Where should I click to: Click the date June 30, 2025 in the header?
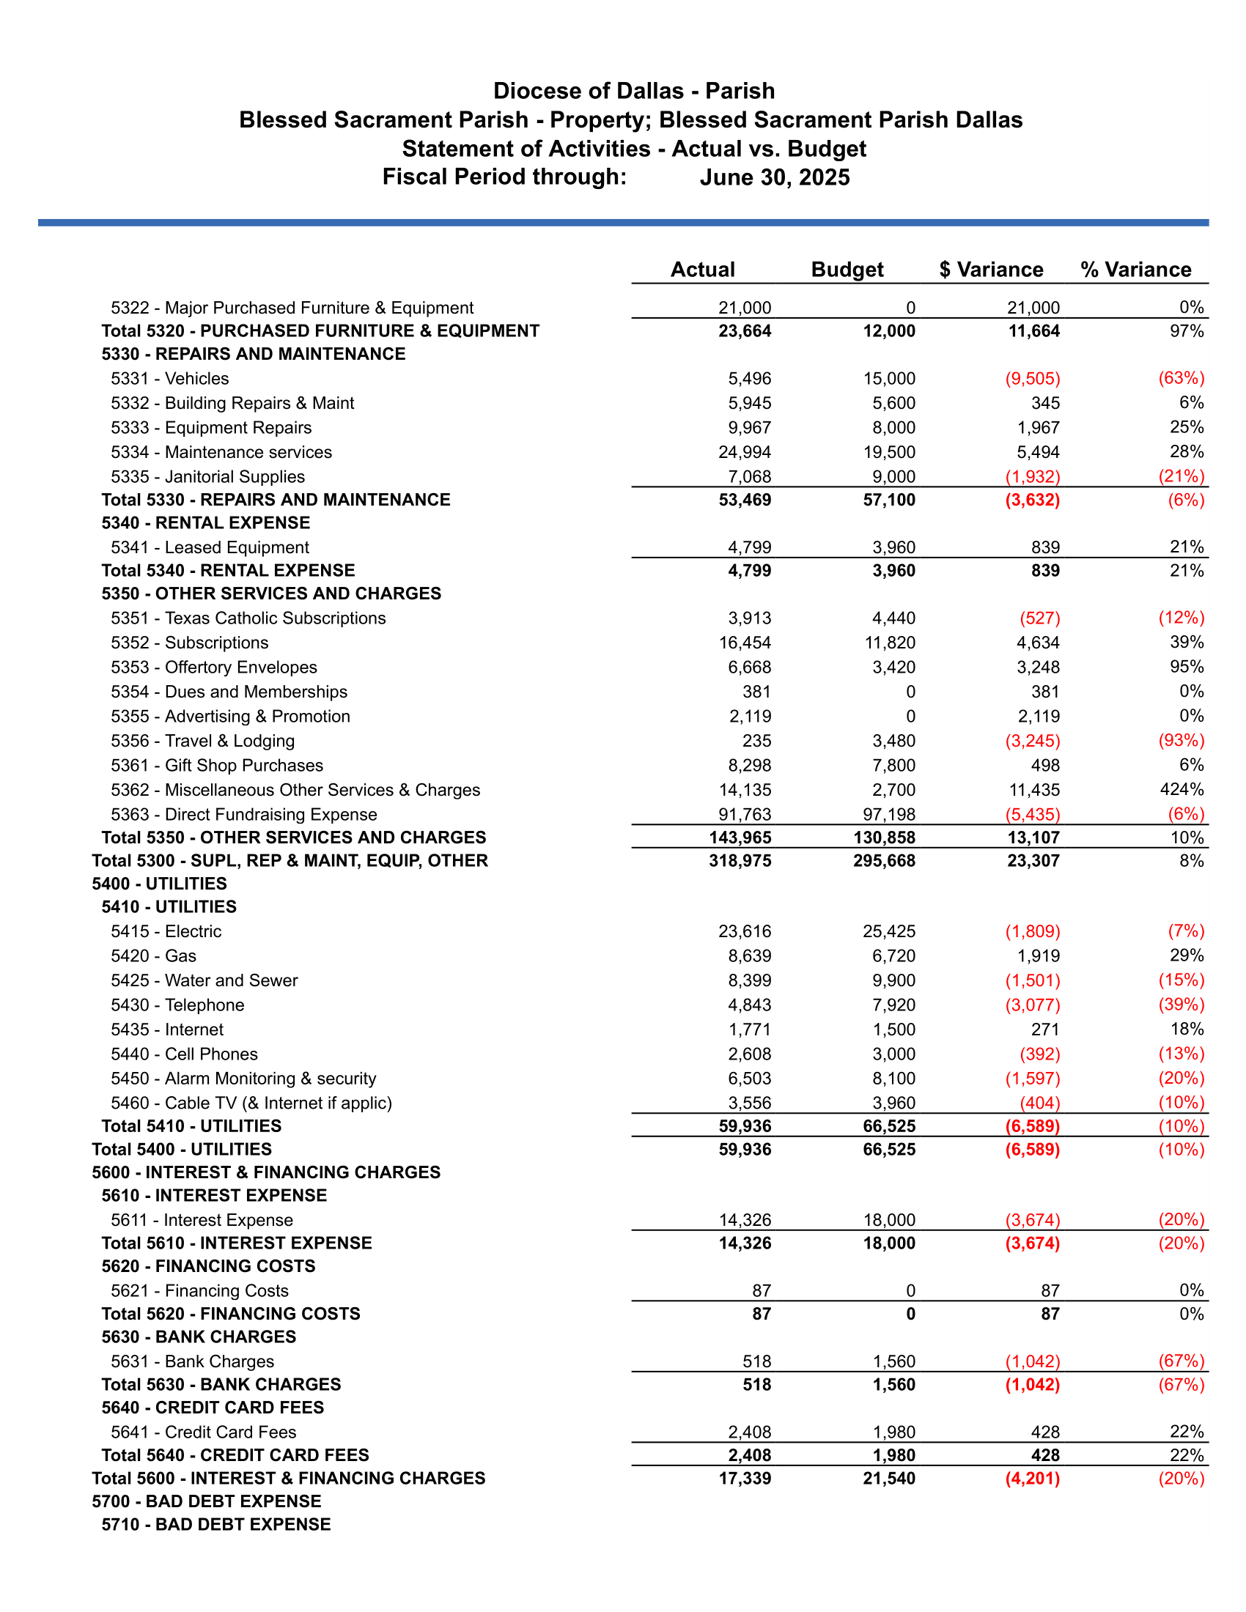click(774, 177)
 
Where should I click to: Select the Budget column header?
click(847, 270)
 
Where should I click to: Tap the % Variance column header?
click(1135, 270)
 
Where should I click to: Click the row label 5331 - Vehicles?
click(170, 379)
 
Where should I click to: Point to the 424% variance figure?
click(1181, 790)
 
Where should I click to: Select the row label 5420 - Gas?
click(153, 955)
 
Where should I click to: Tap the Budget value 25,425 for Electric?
click(889, 931)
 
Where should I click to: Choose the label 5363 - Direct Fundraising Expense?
click(243, 814)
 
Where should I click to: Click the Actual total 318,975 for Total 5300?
click(740, 861)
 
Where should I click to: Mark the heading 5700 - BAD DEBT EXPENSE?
click(207, 1501)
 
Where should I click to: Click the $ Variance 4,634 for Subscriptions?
click(1038, 643)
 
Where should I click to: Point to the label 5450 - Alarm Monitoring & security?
click(243, 1079)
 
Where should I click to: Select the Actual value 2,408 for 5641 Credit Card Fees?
click(749, 1432)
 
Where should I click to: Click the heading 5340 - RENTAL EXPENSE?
click(206, 522)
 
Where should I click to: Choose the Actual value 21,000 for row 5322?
click(744, 308)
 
